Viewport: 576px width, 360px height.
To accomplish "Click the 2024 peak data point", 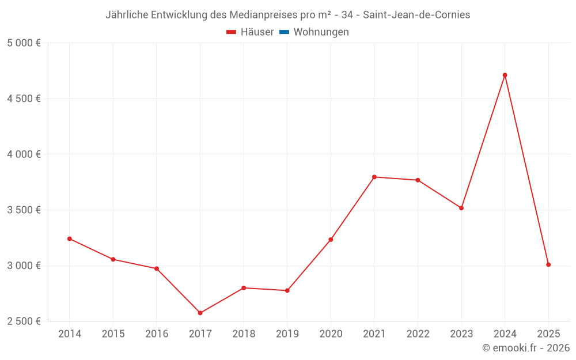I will pos(505,75).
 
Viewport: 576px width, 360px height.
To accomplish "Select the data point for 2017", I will pos(200,313).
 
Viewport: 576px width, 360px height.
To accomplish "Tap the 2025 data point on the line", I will pos(548,264).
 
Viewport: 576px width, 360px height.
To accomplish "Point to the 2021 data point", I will pos(374,177).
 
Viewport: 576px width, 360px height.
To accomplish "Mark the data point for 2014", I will pos(70,238).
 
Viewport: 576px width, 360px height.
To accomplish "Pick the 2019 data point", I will pos(287,290).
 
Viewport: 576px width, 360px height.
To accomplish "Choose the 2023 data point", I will pos(461,208).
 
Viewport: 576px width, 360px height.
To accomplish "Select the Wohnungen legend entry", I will pos(321,32).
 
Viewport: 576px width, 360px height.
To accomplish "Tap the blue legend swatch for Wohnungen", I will pos(284,32).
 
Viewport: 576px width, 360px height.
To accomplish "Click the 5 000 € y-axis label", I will pos(24,43).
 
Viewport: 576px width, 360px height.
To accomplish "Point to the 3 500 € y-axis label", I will pos(24,210).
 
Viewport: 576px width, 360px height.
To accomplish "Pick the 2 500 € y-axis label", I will pos(24,321).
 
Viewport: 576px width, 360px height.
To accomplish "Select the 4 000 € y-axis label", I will pos(24,154).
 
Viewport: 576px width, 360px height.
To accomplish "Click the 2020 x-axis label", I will pos(331,334).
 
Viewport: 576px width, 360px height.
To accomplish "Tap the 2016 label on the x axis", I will pos(157,334).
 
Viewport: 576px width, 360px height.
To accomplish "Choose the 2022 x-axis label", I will pos(418,334).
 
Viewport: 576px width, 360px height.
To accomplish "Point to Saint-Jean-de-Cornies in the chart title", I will pos(416,15).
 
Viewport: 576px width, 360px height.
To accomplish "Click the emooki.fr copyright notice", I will pos(526,348).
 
